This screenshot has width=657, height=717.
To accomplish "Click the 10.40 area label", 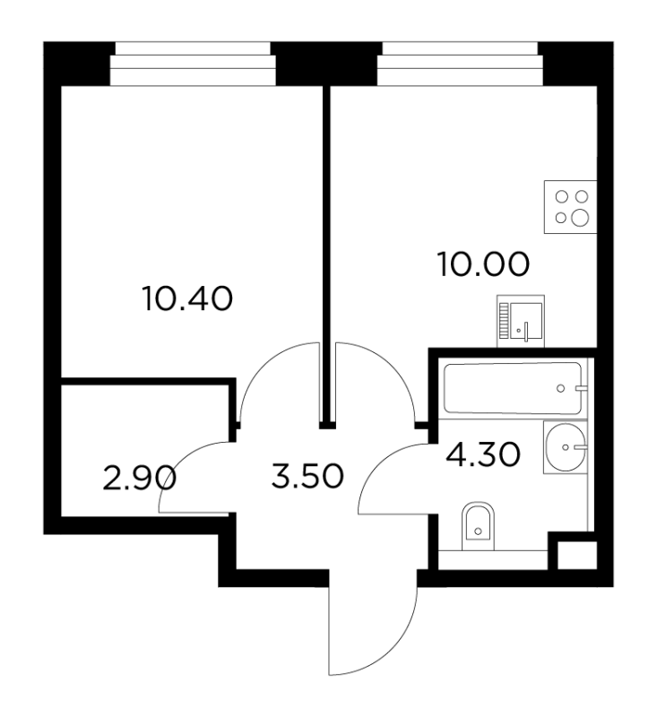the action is click(x=187, y=298).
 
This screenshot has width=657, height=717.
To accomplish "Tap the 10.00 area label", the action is click(x=484, y=264).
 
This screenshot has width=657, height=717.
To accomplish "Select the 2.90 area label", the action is click(x=140, y=479).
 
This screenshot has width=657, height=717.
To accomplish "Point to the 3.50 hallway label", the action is click(x=307, y=476).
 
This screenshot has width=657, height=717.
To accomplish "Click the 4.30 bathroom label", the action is click(x=483, y=454).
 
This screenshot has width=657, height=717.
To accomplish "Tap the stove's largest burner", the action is click(x=581, y=217).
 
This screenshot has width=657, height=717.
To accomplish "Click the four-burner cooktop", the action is click(x=571, y=207).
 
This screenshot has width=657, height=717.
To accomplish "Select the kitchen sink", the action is click(x=521, y=321).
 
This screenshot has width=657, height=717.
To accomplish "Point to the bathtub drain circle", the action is click(x=560, y=389).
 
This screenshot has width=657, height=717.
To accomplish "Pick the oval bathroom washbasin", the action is click(x=566, y=447).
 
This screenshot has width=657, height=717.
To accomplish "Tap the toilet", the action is click(x=479, y=527).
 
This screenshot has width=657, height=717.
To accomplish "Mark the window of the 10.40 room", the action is click(x=193, y=64).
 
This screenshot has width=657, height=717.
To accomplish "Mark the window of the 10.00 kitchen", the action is click(x=460, y=64).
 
